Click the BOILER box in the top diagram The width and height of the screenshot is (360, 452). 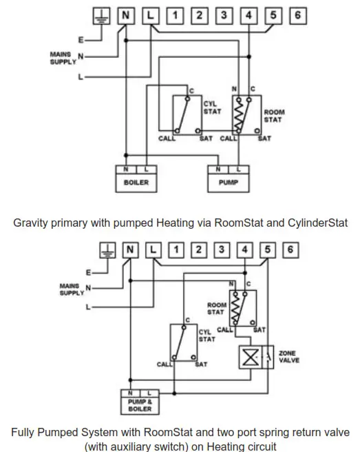[136, 178]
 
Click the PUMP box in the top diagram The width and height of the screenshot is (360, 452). [228, 178]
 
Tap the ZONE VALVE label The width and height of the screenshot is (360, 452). [288, 356]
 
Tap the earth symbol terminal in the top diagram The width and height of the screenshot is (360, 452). [101, 14]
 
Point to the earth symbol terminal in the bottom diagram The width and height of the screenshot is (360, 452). [107, 249]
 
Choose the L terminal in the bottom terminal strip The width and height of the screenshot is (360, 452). [153, 249]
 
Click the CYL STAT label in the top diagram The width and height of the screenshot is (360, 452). [211, 107]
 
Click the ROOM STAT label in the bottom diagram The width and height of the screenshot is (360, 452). [215, 308]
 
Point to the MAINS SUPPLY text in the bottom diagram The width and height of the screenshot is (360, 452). [70, 289]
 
